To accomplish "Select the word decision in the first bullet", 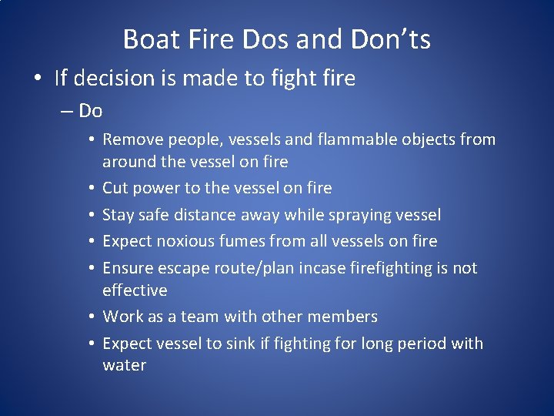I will coord(109,78).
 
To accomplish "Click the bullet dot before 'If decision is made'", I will coord(38,79).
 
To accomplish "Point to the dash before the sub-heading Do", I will coord(65,111).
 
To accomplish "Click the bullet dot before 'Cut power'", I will coord(91,188).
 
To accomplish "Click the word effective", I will coord(135,290).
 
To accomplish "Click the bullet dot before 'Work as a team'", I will coord(91,317).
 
